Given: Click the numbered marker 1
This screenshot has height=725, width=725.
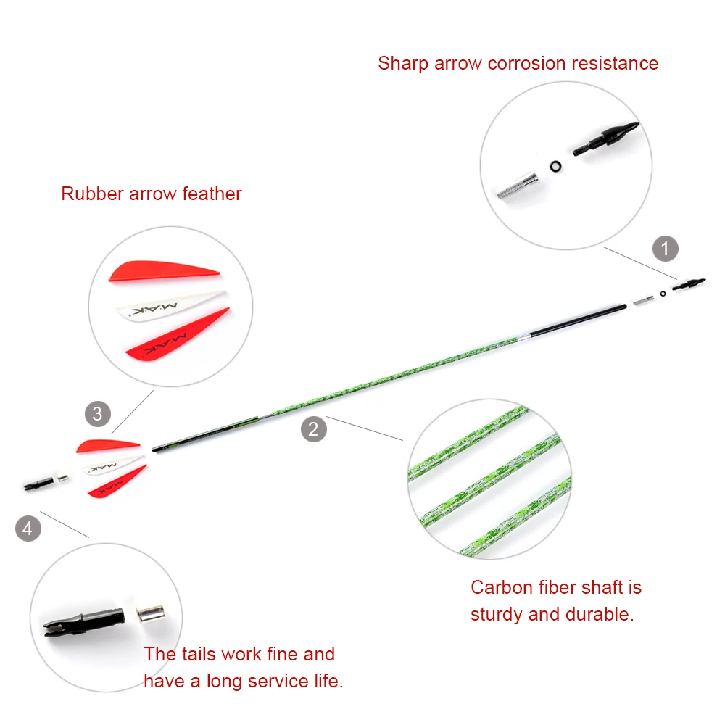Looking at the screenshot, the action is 665,249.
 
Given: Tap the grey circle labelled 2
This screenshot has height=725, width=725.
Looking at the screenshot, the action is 313,428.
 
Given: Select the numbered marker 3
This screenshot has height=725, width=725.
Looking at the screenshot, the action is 98,415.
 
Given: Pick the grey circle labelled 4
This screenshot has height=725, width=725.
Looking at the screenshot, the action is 28,528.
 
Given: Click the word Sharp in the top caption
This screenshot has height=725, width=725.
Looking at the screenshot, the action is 403,64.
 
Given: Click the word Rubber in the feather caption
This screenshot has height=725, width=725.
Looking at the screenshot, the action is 92,194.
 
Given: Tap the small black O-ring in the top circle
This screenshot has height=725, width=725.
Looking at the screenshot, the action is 556,167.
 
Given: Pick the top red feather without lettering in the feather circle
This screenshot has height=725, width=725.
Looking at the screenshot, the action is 162,272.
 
